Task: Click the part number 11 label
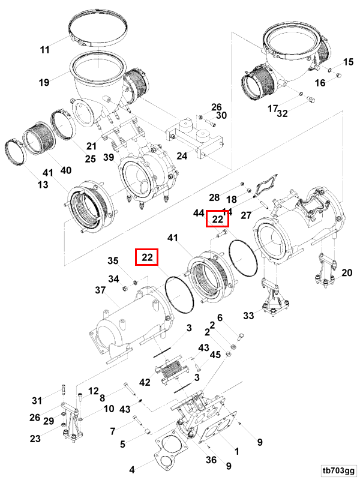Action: coord(45,50)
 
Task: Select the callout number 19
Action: coord(45,82)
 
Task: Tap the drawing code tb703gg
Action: coord(338,470)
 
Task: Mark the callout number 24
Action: coord(181,156)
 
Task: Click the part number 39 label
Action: coord(109,157)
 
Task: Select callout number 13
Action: coord(42,185)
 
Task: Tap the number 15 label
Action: coord(349,62)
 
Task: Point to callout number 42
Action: coord(145,382)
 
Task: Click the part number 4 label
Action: coord(133,469)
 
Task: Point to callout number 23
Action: coord(35,439)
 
